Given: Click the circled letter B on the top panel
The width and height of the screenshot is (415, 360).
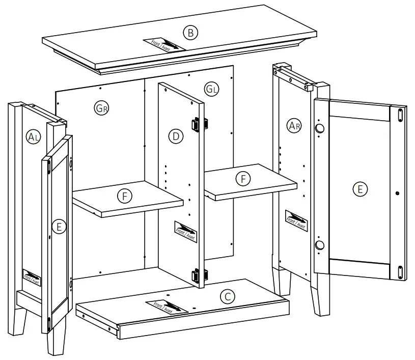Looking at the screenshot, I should click(190, 33).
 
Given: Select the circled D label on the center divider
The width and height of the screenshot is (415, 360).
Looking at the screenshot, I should click(176, 136).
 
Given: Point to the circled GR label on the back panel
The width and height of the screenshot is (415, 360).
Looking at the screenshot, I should click(102, 107).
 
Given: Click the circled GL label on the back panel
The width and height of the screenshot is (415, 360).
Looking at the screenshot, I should click(212, 90).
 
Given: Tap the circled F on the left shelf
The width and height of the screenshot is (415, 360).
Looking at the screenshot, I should click(124, 196).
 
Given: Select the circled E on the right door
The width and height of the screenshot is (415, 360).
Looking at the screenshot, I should click(360, 189).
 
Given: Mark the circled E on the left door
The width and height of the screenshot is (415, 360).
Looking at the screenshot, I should click(59, 227).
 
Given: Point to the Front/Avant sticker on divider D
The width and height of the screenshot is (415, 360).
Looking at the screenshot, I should click(185, 231).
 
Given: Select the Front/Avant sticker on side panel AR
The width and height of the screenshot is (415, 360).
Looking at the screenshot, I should click(296, 220).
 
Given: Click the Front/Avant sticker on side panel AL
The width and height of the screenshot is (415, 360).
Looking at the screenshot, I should click(32, 277).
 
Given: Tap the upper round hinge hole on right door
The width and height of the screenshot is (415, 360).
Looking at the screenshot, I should click(319, 129).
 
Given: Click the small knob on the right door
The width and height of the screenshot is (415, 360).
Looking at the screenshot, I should click(397, 193).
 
